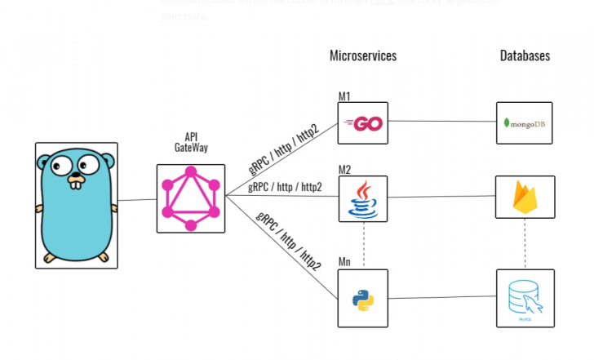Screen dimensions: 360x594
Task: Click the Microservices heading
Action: (363, 56)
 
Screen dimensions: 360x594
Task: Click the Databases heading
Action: (525, 56)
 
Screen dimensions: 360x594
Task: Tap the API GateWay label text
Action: (190, 143)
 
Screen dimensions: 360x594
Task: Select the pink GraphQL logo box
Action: (190, 198)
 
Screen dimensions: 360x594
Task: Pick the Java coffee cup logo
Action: (363, 199)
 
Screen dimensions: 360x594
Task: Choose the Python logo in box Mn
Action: (363, 300)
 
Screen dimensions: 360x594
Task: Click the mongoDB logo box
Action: (525, 123)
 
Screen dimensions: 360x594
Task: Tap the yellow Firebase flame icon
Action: (525, 197)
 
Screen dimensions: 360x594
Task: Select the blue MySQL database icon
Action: (525, 297)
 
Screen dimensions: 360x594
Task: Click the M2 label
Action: (344, 170)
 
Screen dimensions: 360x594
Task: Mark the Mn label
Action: (344, 263)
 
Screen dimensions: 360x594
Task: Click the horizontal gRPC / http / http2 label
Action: (285, 187)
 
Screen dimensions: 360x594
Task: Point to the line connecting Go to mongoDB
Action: (441, 122)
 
